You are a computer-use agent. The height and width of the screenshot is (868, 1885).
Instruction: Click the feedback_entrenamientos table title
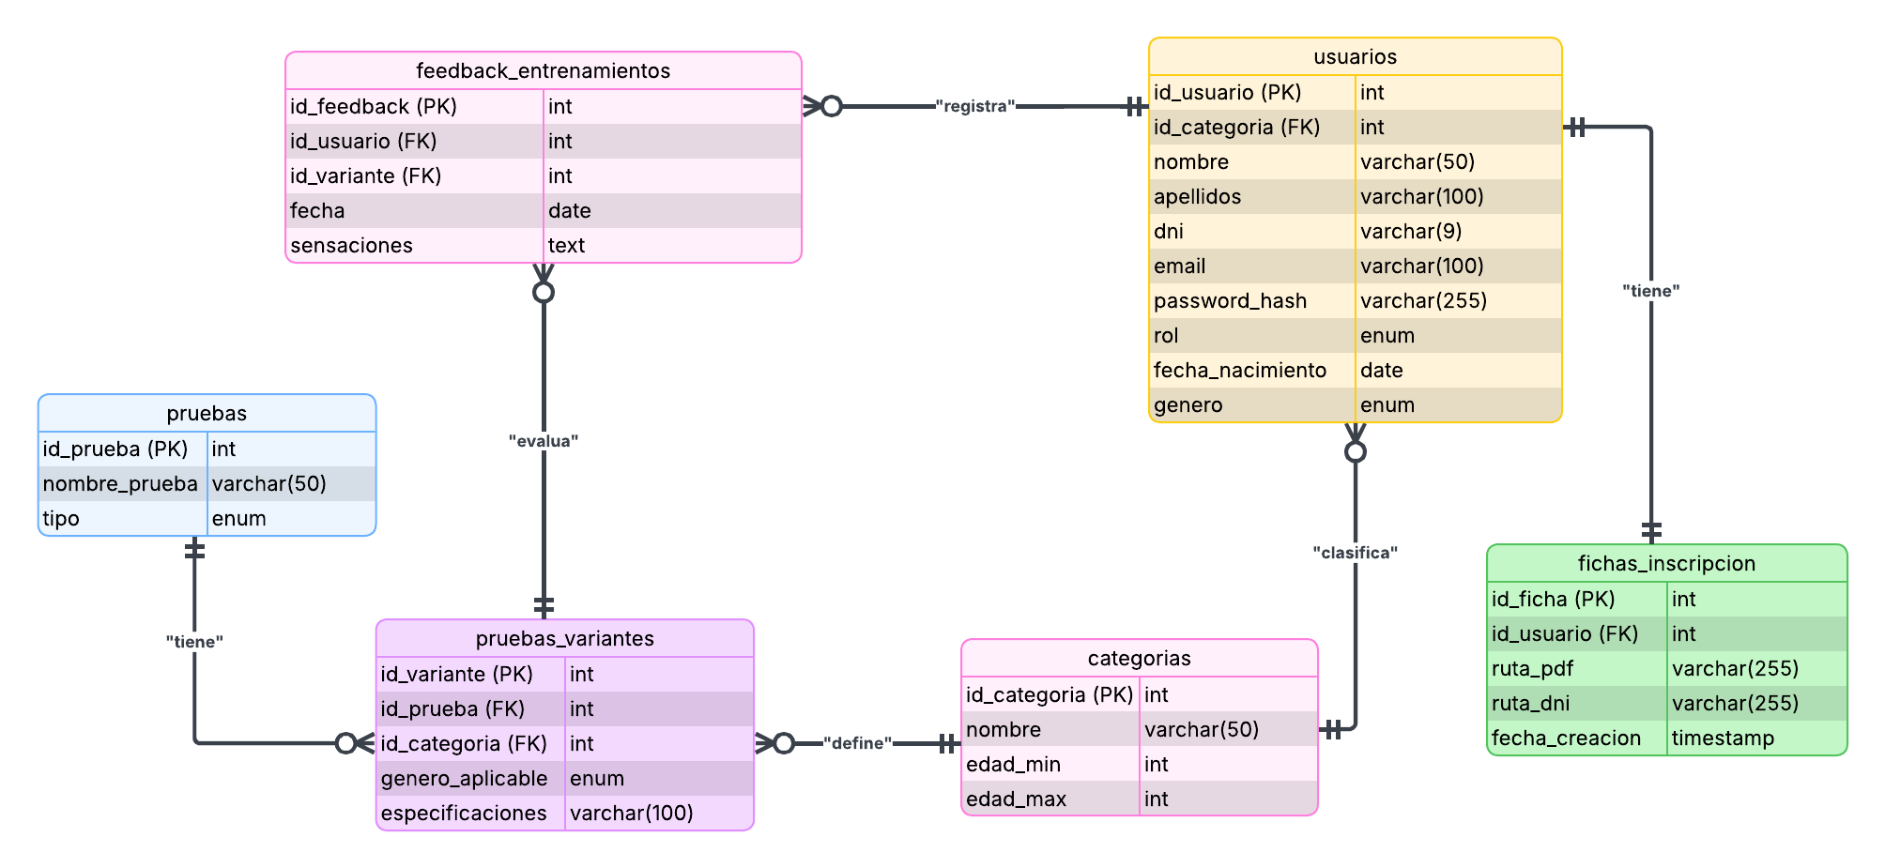(x=543, y=70)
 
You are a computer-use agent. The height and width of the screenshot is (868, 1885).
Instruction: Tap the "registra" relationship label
(x=975, y=107)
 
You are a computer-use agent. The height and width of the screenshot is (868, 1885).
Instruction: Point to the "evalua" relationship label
(x=544, y=441)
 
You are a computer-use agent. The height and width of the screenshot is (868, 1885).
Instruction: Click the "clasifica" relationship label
(x=1355, y=553)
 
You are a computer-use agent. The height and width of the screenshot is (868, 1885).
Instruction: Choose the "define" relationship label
(x=857, y=743)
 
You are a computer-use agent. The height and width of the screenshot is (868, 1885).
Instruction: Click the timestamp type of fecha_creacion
(x=1723, y=739)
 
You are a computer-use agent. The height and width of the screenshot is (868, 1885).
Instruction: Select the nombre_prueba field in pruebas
(x=120, y=483)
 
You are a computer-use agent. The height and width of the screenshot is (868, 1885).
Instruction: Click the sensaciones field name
(x=351, y=245)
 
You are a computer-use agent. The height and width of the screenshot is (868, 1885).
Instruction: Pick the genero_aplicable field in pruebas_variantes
(x=464, y=778)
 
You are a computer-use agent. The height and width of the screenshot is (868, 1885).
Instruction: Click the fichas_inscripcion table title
(x=1666, y=563)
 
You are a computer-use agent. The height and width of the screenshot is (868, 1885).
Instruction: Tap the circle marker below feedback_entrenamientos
(x=544, y=293)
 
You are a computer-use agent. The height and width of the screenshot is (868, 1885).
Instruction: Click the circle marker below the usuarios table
(x=1355, y=452)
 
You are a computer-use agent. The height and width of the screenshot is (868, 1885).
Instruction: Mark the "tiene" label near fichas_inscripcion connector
(x=1650, y=291)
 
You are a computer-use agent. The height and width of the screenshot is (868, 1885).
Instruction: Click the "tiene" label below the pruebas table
(x=194, y=642)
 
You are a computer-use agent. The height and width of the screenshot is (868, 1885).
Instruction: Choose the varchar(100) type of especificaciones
(x=631, y=813)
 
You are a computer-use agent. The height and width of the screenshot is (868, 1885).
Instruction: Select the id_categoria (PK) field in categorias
(x=1050, y=694)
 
